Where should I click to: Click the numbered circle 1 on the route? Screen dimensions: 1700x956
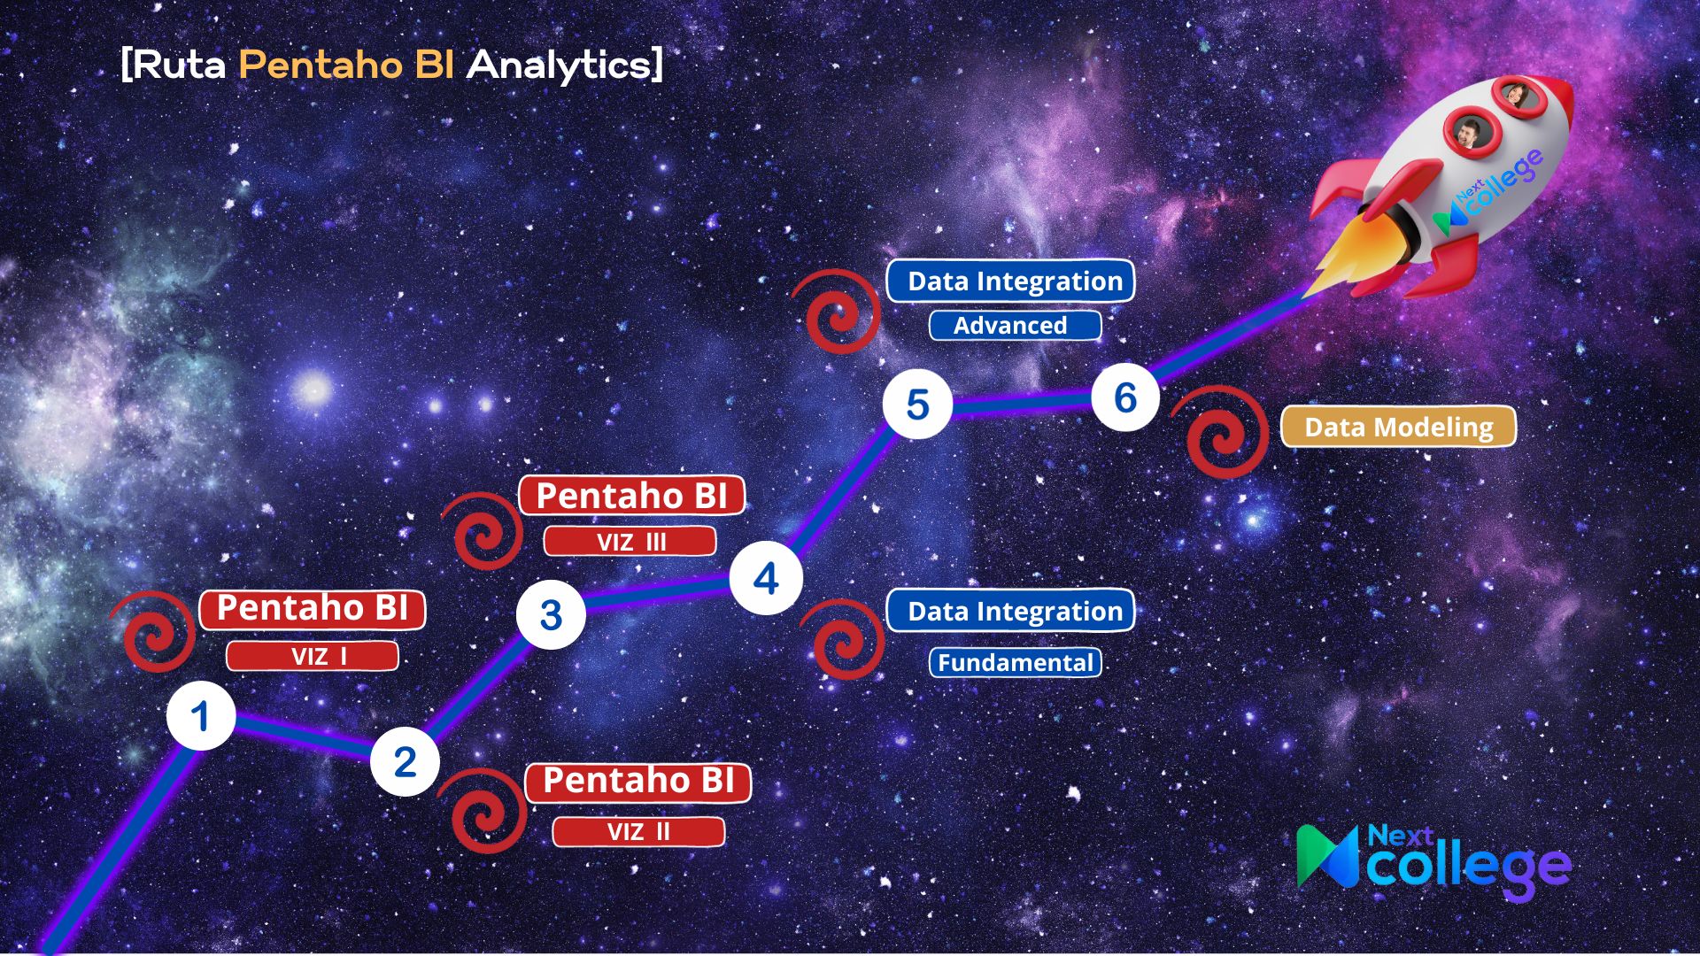tap(201, 716)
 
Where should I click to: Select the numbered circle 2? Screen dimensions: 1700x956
tap(405, 761)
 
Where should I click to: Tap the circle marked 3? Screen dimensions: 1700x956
tap(551, 614)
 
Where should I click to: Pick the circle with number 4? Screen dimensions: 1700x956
tap(766, 578)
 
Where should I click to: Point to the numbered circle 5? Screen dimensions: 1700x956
tap(917, 405)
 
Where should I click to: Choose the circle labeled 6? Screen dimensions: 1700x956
tap(1125, 397)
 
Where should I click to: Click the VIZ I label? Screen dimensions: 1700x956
tap(313, 656)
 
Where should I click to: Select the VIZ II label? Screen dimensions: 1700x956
tap(638, 831)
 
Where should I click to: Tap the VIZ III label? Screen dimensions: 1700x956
tap(630, 541)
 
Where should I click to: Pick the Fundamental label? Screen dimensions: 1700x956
tap(1015, 662)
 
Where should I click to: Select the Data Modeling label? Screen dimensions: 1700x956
tap(1398, 427)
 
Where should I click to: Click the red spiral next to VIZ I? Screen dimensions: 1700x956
tap(153, 631)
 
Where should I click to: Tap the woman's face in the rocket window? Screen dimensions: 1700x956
tap(1516, 95)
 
